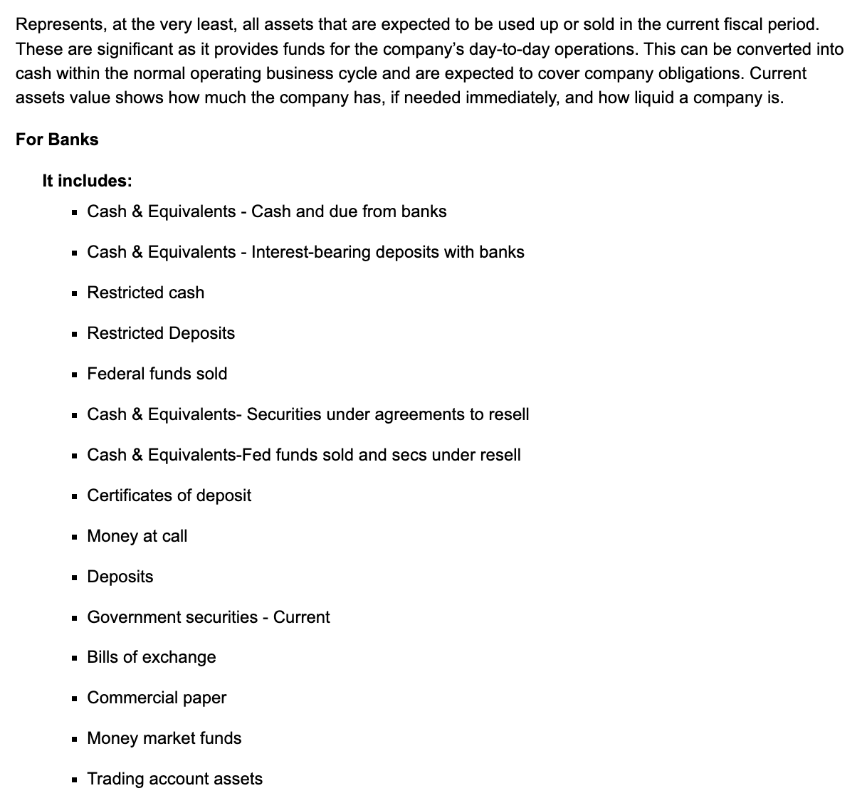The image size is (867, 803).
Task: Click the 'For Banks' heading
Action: [x=57, y=140]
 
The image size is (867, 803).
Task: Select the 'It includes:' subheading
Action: [x=87, y=181]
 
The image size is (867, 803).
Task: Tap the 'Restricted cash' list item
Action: [x=145, y=293]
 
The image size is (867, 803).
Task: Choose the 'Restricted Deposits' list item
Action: [x=161, y=333]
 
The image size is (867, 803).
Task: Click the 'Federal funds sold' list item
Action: [x=157, y=374]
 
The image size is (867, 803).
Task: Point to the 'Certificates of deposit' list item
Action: [x=169, y=495]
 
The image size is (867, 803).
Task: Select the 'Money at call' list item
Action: [x=137, y=536]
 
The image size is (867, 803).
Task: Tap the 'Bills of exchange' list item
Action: [x=152, y=657]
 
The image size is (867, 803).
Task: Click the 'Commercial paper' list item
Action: [x=157, y=698]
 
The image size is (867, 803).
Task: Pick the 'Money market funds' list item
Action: [x=164, y=738]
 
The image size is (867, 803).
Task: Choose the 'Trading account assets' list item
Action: [x=174, y=779]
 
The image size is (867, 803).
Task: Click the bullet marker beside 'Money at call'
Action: [x=75, y=537]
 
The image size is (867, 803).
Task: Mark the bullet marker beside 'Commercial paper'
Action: [x=75, y=698]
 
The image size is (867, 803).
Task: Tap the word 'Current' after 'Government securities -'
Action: [x=301, y=617]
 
